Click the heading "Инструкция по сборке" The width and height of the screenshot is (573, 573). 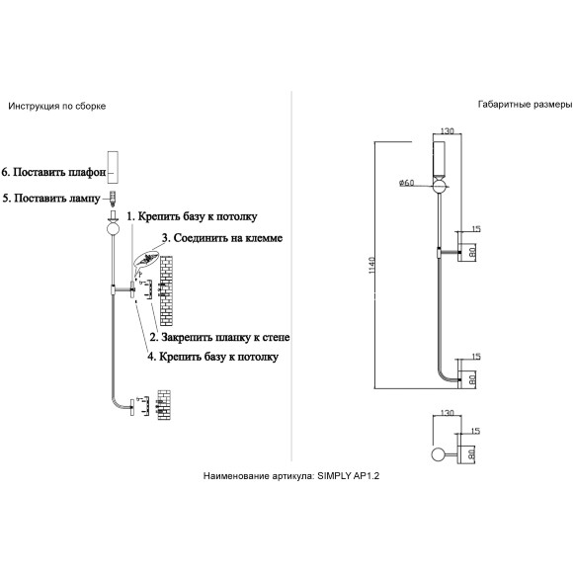[x=57, y=107]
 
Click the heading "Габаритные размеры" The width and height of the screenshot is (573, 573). [x=525, y=105]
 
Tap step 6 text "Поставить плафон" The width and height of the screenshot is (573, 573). [x=59, y=172]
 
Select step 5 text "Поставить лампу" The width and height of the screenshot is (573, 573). [x=57, y=198]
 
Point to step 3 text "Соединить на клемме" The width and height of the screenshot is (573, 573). [x=228, y=238]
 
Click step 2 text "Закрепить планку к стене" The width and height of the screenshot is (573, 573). [x=225, y=337]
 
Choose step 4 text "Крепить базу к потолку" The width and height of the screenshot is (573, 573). [x=218, y=357]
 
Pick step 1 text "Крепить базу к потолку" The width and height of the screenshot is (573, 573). [x=198, y=216]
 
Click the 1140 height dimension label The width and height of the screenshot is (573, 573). [x=371, y=266]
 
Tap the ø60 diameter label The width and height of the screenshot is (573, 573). [x=407, y=183]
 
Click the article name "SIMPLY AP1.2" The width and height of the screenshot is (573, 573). [x=348, y=476]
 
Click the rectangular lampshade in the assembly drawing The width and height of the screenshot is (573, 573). [x=113, y=167]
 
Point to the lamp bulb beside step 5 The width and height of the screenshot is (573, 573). [x=114, y=198]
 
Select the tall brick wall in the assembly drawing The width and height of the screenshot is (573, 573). [x=166, y=290]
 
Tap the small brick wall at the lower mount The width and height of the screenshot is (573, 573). [x=164, y=405]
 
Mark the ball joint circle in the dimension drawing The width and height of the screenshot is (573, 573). [x=440, y=187]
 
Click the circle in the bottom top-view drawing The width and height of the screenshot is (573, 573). [x=439, y=455]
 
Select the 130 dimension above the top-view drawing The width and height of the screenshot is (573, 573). [x=447, y=413]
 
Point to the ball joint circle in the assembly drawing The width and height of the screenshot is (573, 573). [x=113, y=229]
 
